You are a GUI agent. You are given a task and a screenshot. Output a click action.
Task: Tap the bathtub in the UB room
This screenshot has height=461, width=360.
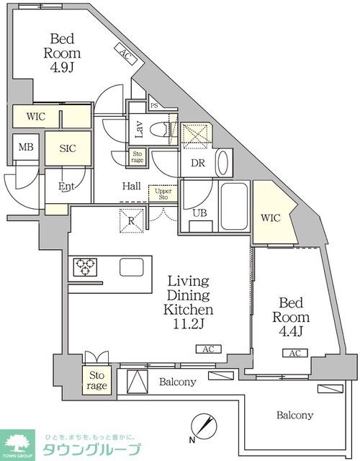tap(234, 206)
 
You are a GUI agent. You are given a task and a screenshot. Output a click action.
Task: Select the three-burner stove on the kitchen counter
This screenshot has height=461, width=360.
tap(85, 267)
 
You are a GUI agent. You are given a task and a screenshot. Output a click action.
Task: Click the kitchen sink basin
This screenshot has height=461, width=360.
tap(132, 267)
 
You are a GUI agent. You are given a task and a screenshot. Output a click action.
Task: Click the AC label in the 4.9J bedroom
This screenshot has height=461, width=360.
tap(126, 55)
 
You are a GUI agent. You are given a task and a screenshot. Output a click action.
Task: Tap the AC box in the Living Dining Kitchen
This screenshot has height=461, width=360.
tap(209, 349)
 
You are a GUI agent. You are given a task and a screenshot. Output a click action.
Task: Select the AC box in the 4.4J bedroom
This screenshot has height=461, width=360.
tap(295, 353)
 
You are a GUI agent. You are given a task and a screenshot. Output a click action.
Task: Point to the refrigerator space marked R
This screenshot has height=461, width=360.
tap(131, 220)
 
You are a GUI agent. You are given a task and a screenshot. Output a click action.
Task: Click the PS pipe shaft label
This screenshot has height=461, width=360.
tap(154, 106)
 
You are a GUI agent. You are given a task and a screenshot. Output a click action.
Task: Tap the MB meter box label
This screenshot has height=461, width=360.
tap(26, 147)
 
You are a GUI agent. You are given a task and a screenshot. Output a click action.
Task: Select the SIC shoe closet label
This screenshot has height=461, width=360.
tap(68, 148)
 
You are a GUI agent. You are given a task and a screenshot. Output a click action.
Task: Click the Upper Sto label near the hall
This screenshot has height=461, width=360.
tap(163, 194)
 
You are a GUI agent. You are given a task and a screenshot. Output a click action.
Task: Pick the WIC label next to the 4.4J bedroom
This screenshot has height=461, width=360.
tap(271, 218)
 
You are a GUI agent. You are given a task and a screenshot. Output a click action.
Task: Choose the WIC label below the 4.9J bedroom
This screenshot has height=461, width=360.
tap(36, 117)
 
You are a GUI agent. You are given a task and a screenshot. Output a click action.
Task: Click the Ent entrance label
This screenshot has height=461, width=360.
tap(66, 186)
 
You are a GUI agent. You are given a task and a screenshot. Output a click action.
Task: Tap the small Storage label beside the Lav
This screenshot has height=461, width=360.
tap(138, 157)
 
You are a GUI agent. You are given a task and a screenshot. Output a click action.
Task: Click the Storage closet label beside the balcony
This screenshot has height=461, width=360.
tap(96, 380)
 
